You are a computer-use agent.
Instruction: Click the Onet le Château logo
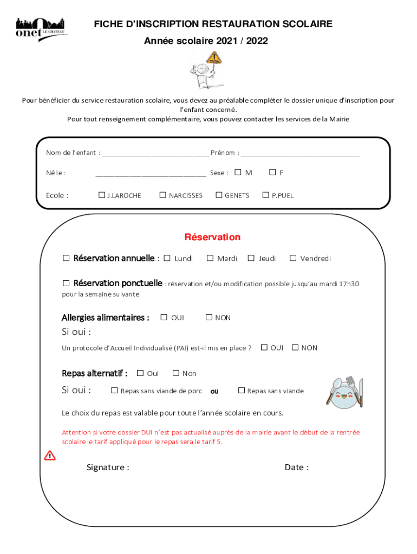pos(41,28)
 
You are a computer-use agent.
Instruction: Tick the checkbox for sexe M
pos(238,173)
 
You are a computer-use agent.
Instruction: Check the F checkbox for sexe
pos(272,173)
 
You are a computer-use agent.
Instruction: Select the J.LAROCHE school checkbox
pos(102,195)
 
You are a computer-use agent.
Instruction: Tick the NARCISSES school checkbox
pos(162,195)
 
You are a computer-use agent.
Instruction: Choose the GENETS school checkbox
pos(219,195)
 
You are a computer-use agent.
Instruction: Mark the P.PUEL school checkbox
pos(265,195)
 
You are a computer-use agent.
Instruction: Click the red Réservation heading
pos(212,237)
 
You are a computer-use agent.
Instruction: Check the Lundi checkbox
pos(167,258)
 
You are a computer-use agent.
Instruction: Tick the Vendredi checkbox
pos(293,258)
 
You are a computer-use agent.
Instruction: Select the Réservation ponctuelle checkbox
pos(66,283)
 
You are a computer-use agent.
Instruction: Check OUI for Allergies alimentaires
pos(164,318)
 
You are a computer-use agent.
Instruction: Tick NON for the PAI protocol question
pos(295,347)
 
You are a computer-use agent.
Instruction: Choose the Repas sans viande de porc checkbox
pos(114,390)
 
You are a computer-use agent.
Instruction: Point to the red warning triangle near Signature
pos(50,455)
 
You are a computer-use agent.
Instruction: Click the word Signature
pos(107,467)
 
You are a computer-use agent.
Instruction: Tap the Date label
pos(296,467)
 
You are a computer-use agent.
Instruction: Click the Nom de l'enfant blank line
pos(155,153)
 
